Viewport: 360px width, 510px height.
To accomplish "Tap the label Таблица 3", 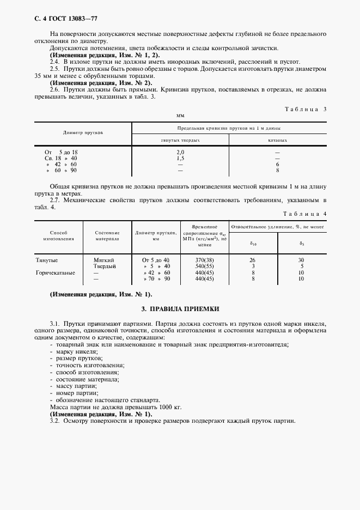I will [x=306, y=109].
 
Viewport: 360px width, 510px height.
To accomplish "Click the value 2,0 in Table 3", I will [x=180, y=152].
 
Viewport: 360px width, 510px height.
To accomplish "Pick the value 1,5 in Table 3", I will [x=180, y=158].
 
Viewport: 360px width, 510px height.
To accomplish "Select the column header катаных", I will [x=277, y=140].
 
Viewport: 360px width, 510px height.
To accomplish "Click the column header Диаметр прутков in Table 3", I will [x=83, y=132].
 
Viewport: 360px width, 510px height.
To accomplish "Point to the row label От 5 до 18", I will [x=61, y=152].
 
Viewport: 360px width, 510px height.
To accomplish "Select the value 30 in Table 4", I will [x=301, y=260].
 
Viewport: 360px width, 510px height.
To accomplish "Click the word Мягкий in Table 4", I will [x=105, y=260].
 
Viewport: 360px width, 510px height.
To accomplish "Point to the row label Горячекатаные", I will [x=55, y=272].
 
